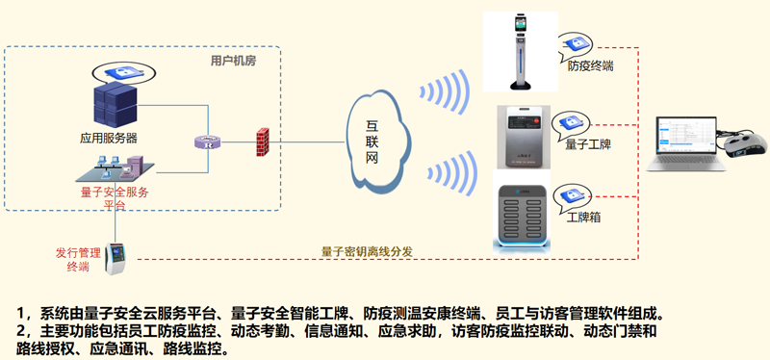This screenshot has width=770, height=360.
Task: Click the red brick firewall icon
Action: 263,141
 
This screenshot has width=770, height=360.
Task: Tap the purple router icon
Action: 207,142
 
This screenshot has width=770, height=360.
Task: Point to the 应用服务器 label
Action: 109,139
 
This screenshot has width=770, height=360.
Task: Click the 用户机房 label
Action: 233,62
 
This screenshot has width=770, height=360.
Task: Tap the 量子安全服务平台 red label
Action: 115,198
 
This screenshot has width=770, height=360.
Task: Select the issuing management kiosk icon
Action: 115,258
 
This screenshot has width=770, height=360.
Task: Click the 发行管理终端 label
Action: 78,260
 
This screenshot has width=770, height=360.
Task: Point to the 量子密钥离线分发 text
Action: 367,251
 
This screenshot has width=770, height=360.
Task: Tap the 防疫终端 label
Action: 590,66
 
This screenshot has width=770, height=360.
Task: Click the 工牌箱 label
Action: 583,218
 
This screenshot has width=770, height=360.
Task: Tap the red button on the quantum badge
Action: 536,121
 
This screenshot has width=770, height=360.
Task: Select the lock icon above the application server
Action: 124,73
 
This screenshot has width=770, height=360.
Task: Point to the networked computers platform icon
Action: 115,168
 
